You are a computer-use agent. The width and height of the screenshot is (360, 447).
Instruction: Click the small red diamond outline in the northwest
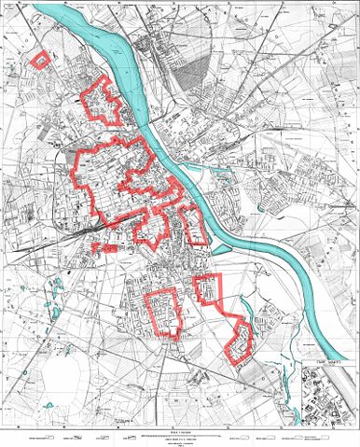click(40, 59)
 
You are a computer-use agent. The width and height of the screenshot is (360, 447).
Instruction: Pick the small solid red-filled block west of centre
click(105, 249)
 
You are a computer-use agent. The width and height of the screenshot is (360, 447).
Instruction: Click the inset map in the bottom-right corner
click(330, 393)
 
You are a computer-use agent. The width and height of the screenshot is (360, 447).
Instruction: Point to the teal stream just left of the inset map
click(297, 383)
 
